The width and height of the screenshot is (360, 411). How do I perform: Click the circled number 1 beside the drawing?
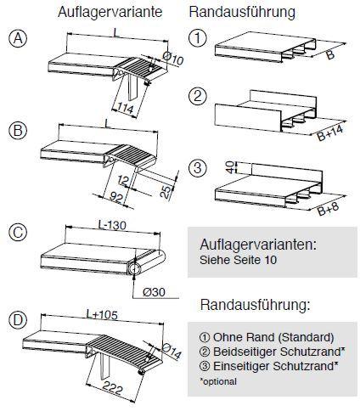(x=197, y=38)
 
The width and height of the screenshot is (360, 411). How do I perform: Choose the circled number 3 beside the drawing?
(x=197, y=167)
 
